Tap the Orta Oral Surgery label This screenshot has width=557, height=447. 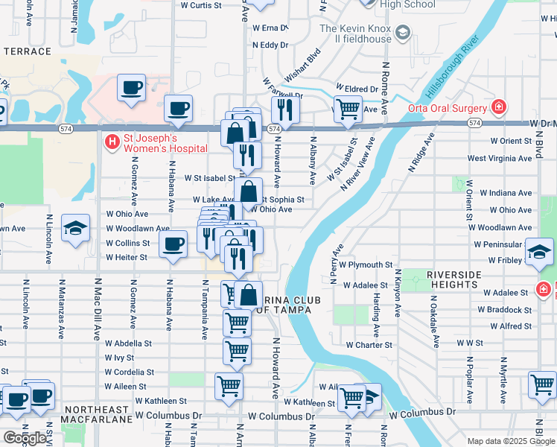pos(446,107)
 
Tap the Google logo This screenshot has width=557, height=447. pos(25,437)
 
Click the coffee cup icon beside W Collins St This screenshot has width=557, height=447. pos(174,245)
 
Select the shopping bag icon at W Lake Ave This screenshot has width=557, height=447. pos(249,192)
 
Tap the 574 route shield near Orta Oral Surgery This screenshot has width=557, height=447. pos(475,121)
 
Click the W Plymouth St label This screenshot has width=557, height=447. pos(365,264)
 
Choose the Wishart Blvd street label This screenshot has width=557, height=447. pos(302,65)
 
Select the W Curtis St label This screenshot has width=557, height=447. pos(201,5)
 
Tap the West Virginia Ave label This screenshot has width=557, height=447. pos(500,159)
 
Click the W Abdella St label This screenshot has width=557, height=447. pos(128,343)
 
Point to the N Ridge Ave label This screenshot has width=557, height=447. pos(421,153)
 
